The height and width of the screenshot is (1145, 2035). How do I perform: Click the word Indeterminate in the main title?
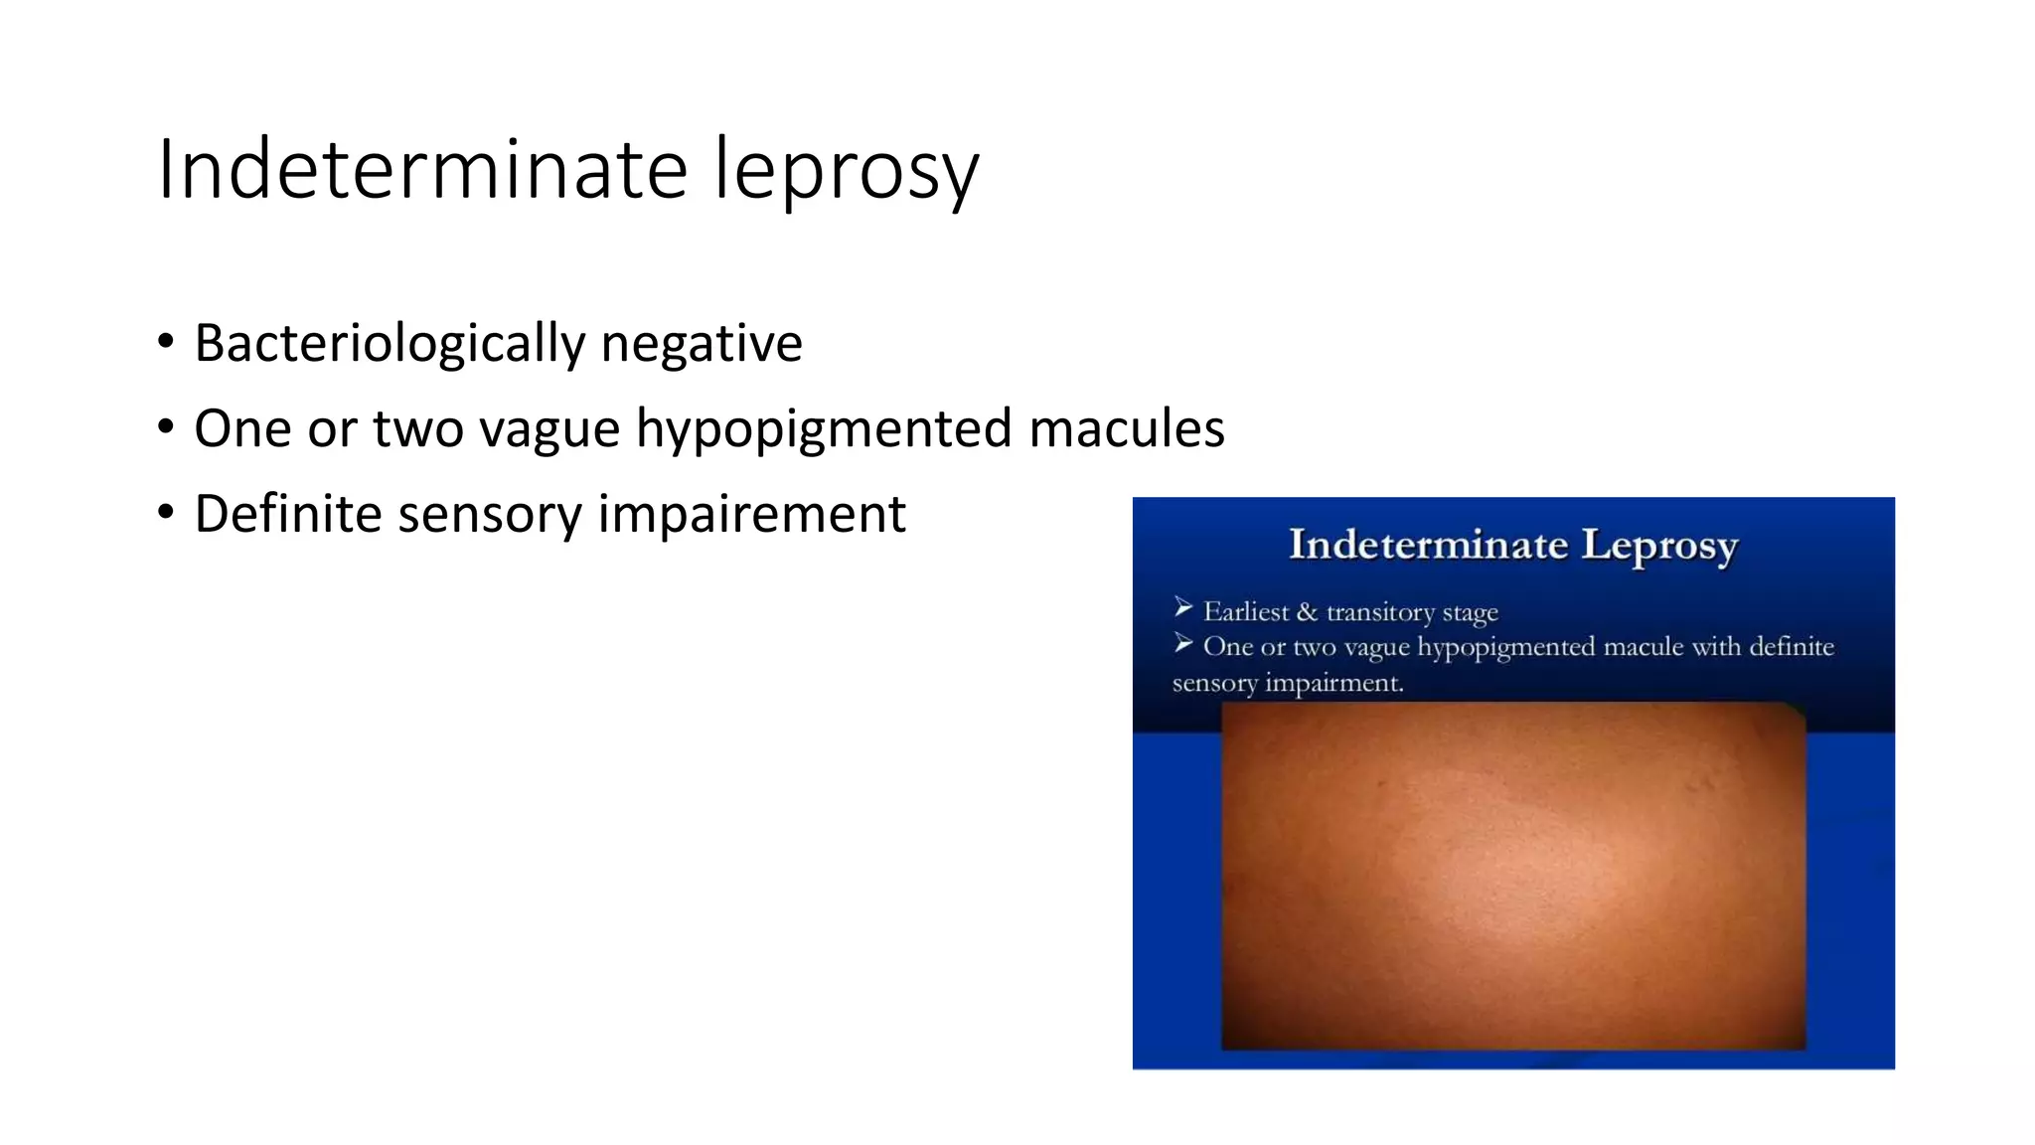pos(422,169)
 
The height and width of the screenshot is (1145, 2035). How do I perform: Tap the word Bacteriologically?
pos(391,344)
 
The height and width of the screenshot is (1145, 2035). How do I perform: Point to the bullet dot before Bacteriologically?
pos(166,342)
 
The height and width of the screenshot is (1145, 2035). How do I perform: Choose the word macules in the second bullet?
pos(1127,428)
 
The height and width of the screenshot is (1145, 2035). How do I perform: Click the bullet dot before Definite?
pos(166,513)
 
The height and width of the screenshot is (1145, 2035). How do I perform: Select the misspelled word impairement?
pos(752,515)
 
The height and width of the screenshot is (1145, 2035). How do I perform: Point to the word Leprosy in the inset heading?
pos(1659,546)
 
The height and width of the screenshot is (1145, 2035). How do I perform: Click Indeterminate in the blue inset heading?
pos(1428,545)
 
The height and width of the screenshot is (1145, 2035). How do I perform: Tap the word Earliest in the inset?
pos(1246,611)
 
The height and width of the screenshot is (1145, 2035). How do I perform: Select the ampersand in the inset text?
pos(1307,611)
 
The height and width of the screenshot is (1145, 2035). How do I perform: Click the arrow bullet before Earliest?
pos(1182,607)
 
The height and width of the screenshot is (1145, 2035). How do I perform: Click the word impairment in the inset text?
pos(1333,684)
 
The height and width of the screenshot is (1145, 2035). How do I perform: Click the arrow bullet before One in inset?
pos(1182,644)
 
